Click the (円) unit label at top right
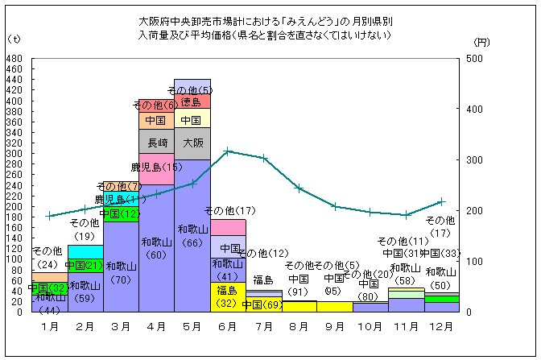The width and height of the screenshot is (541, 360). coord(481,40)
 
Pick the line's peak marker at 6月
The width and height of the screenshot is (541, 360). coord(228,151)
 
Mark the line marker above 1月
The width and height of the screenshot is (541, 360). coord(50,216)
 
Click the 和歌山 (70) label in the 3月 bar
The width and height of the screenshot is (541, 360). coord(121,272)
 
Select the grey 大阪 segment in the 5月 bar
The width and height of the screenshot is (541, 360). coord(192,143)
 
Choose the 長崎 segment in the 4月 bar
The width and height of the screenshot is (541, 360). coord(157,142)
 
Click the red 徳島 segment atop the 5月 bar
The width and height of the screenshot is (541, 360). coord(192,101)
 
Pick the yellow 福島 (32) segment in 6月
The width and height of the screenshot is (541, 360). coord(228,296)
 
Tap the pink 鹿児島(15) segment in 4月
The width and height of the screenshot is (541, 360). coord(157,168)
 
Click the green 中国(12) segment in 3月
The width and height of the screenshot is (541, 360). coord(121,213)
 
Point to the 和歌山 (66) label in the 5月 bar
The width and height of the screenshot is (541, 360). coord(192,235)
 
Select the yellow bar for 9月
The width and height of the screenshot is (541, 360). coord(334,306)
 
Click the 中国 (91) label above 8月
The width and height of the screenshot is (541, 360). coord(299,285)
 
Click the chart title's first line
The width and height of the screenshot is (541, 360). coord(265,22)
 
